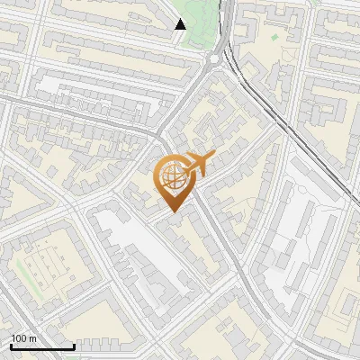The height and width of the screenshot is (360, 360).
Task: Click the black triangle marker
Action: [181, 24]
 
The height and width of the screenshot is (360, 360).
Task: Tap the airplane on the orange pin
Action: [197, 164]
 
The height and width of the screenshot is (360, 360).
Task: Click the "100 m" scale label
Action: [23, 338]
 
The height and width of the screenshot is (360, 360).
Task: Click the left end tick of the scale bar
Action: [11, 345]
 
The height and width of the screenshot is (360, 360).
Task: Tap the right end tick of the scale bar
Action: [74, 345]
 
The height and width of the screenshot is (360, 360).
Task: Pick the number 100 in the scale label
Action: [19, 338]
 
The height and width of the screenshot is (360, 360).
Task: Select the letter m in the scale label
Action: [32, 339]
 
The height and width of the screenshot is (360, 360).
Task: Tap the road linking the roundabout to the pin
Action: [189, 103]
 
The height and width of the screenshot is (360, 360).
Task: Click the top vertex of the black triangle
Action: [181, 19]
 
